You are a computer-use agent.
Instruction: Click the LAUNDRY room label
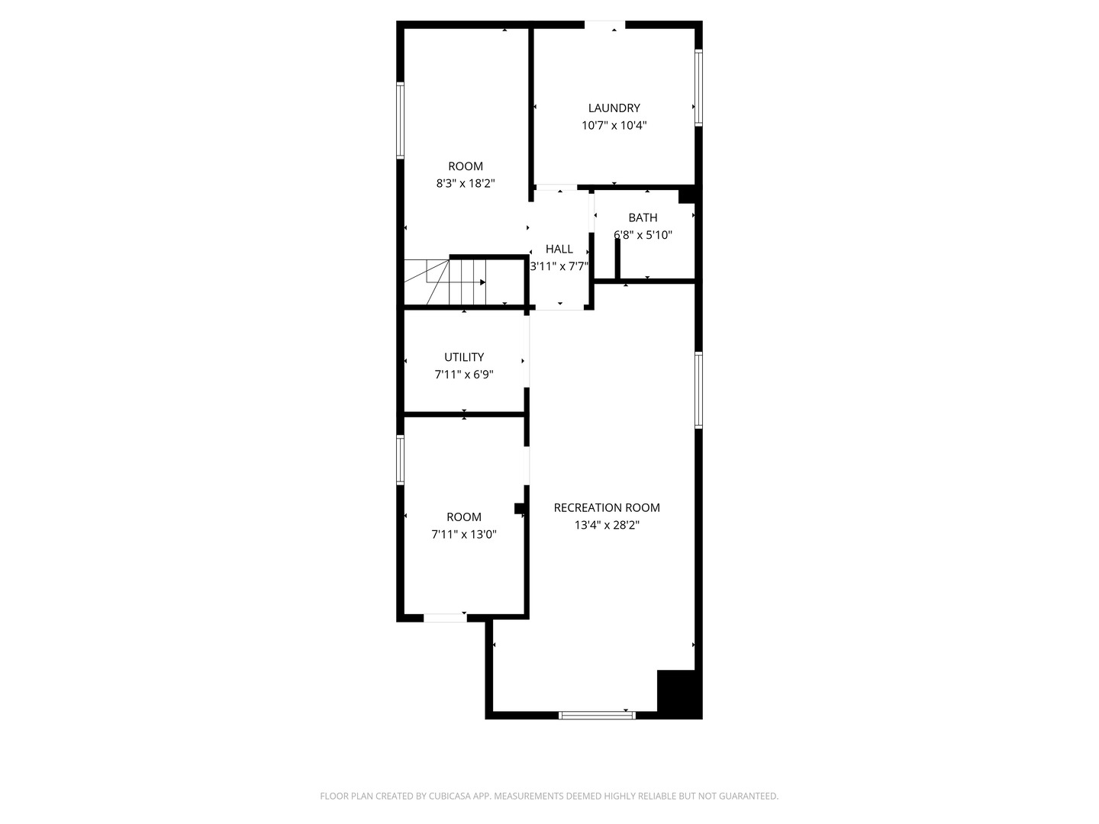coord(614,108)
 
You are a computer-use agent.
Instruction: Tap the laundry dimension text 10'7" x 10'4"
coord(614,125)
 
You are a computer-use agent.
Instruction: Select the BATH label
coord(643,217)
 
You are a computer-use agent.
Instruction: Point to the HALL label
coord(559,249)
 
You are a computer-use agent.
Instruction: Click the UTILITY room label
coord(464,357)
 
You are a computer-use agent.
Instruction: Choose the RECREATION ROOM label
coord(607,507)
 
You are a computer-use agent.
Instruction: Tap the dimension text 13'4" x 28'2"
coord(607,525)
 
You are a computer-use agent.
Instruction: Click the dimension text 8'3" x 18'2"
coord(466,183)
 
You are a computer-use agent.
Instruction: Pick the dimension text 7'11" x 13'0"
coord(464,534)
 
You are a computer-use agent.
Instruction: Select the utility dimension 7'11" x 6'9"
coord(464,375)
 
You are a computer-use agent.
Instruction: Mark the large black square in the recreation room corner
coord(678,693)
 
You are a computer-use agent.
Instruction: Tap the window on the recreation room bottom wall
coord(597,715)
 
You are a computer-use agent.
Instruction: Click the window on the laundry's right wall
coord(698,87)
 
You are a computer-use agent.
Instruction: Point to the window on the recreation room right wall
coord(698,390)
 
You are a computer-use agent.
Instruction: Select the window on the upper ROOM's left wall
coord(400,120)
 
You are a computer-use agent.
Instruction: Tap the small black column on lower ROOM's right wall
coord(520,509)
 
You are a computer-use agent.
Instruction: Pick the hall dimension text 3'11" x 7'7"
coord(559,266)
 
